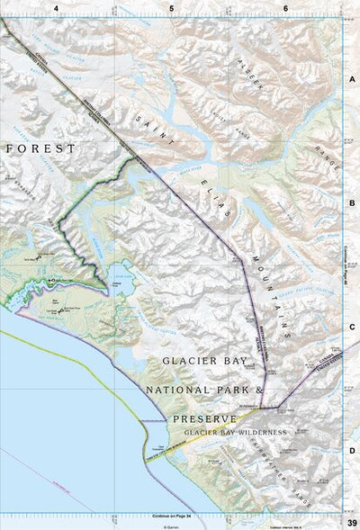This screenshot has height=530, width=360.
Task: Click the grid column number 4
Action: (56, 8)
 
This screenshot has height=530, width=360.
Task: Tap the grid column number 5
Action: (171, 8)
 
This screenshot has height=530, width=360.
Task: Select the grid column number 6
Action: (285, 8)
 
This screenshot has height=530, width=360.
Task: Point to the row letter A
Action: (352, 78)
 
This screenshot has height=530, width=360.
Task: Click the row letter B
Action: (352, 203)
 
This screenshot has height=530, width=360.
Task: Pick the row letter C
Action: (352, 328)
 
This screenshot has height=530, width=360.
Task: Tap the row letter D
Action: (352, 452)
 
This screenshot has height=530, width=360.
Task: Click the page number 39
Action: (351, 522)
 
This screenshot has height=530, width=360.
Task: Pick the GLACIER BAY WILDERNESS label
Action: (235, 433)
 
